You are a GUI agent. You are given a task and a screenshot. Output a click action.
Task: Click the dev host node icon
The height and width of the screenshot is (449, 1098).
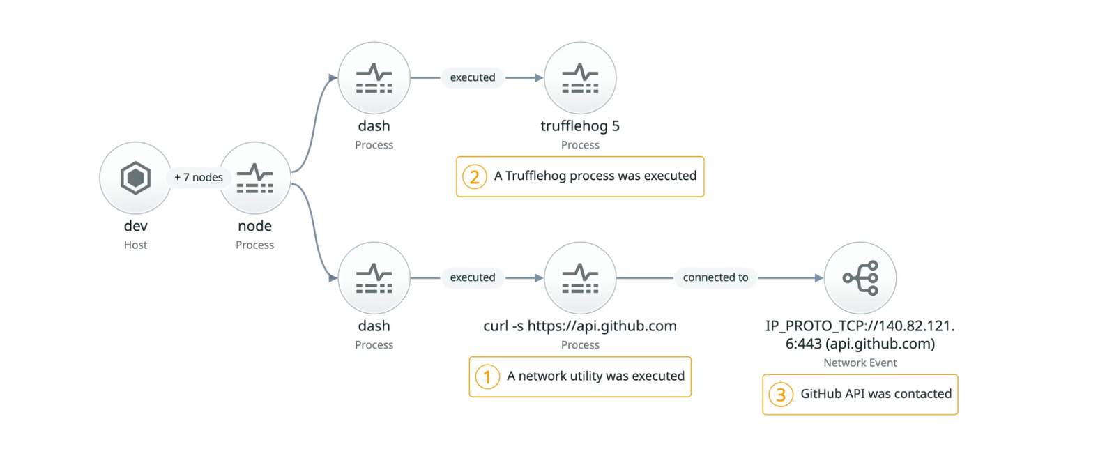135,178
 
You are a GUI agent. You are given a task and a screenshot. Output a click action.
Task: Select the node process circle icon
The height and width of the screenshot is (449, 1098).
255,178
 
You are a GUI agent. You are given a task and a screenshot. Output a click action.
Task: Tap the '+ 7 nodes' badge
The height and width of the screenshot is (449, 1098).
199,178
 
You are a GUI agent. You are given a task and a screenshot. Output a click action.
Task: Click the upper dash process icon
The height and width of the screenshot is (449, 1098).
374,78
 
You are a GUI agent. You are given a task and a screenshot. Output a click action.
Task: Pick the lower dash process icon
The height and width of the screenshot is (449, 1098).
374,277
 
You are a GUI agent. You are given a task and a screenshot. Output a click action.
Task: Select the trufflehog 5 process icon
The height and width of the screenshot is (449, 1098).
580,78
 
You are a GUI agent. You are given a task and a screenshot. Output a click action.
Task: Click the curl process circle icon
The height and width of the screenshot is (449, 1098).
580,277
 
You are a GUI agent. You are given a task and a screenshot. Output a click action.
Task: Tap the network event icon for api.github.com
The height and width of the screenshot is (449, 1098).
860,277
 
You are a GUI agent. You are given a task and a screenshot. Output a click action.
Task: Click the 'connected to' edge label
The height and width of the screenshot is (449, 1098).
715,277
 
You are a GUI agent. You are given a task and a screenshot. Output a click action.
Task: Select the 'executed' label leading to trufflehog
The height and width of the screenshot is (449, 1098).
473,77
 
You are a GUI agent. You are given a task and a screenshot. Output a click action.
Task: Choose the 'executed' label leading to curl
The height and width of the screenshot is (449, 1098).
473,277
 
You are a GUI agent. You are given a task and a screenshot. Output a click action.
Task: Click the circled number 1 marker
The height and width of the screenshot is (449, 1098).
487,377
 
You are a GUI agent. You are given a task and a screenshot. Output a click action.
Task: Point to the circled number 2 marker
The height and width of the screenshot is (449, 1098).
475,177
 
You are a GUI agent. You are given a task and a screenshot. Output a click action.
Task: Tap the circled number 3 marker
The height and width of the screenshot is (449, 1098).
781,395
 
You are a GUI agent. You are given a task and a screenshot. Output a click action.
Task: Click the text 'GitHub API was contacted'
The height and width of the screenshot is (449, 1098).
876,394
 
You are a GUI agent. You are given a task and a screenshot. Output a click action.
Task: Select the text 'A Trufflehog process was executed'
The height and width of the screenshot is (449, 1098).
595,176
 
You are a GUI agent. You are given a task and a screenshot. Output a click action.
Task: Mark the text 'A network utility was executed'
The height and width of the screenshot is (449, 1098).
595,376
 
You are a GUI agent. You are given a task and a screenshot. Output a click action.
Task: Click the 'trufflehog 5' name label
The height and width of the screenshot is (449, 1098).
580,126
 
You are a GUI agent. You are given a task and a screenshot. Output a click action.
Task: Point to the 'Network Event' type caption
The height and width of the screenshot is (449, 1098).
860,363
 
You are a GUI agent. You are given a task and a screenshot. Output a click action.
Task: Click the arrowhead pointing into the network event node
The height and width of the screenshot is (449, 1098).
818,278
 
